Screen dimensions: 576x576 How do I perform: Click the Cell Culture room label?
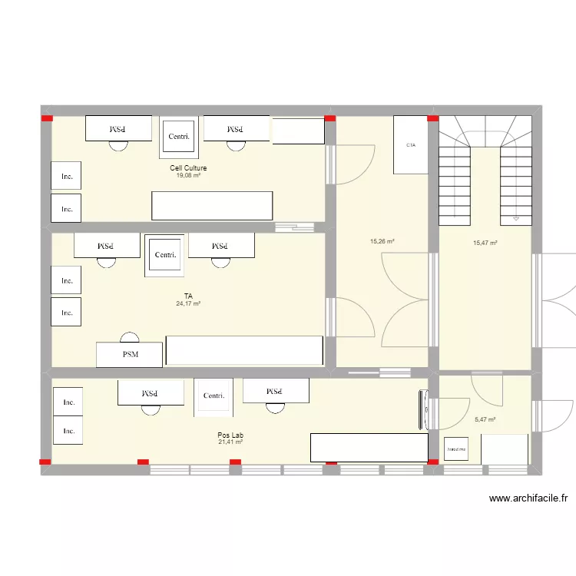[x=188, y=168]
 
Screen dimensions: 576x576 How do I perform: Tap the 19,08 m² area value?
[x=188, y=176]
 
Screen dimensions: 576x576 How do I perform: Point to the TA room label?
[x=188, y=296]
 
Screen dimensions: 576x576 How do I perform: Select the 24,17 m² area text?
[x=188, y=304]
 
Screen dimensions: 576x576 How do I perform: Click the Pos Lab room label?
[x=230, y=435]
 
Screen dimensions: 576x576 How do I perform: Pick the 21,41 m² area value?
[x=230, y=442]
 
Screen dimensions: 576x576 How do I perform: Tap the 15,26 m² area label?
[x=382, y=241]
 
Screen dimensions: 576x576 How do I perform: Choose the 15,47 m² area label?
[x=485, y=243]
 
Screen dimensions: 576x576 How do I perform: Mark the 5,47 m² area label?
[x=485, y=419]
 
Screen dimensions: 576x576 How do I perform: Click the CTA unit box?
[x=411, y=144]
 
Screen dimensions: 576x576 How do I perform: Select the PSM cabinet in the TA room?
[x=129, y=354]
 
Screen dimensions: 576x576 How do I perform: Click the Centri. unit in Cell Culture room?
[x=178, y=137]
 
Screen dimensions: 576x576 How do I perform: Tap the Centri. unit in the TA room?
[x=165, y=255]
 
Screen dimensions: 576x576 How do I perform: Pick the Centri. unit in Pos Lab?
[x=214, y=396]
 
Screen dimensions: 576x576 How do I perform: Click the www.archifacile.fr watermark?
[x=528, y=498]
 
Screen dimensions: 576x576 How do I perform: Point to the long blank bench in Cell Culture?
[x=212, y=205]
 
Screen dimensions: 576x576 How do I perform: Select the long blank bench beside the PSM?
[x=244, y=350]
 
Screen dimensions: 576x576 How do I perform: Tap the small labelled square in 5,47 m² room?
[x=458, y=448]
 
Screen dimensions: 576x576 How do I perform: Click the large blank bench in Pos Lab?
[x=369, y=447]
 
